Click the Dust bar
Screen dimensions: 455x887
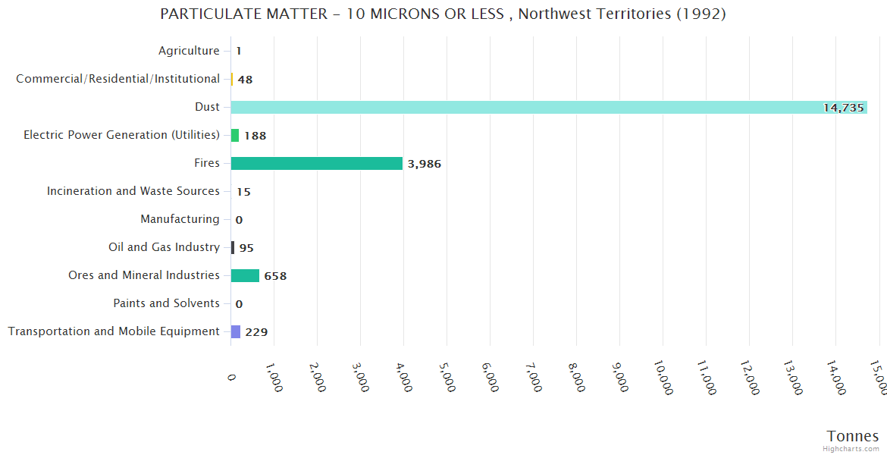pyautogui.click(x=549, y=107)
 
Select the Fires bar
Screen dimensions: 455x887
pyautogui.click(x=316, y=163)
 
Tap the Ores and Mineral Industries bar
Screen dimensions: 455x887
pyautogui.click(x=245, y=275)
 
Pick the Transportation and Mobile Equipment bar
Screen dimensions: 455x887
pyautogui.click(x=236, y=331)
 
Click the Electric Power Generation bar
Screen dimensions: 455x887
pyautogui.click(x=235, y=135)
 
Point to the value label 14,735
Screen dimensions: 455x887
pyautogui.click(x=843, y=108)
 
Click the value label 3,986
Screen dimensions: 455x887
pyautogui.click(x=424, y=164)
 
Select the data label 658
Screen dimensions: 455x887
pyautogui.click(x=275, y=276)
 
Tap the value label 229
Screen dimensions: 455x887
pyautogui.click(x=256, y=332)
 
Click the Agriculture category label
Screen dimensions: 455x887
pyautogui.click(x=189, y=51)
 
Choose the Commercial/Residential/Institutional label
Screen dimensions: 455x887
pyautogui.click(x=118, y=79)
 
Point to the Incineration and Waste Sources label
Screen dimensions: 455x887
pyautogui.click(x=133, y=191)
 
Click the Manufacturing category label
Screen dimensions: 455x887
pyautogui.click(x=180, y=219)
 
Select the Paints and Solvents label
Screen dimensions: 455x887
pyautogui.click(x=166, y=303)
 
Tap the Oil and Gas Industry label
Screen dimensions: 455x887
pyautogui.click(x=164, y=247)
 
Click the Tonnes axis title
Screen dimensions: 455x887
pyautogui.click(x=852, y=435)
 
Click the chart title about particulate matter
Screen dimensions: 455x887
pyautogui.click(x=443, y=14)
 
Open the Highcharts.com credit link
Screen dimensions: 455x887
pyautogui.click(x=851, y=449)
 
